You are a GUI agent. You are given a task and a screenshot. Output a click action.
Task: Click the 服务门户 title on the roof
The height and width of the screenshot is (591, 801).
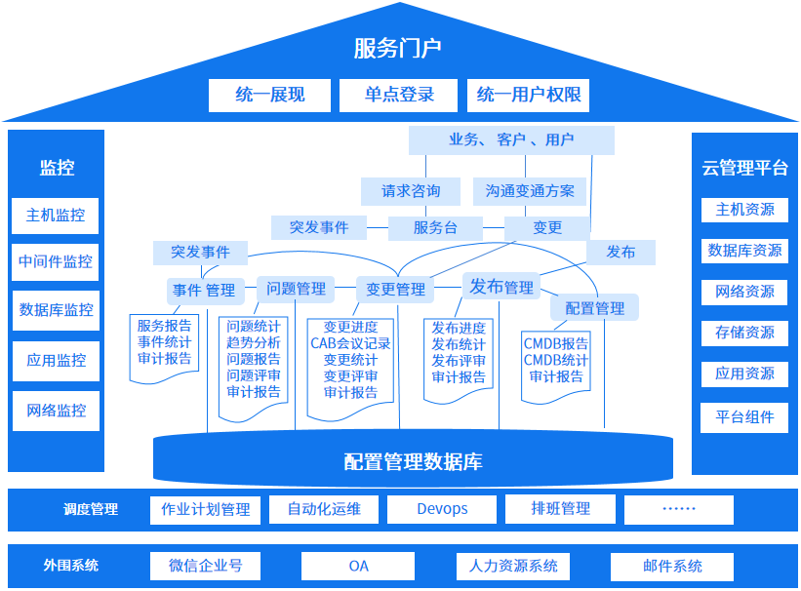(x=398, y=48)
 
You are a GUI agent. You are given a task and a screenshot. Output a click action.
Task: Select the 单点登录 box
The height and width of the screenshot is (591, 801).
(x=399, y=95)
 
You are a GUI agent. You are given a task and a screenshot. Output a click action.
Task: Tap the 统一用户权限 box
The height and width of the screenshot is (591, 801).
(x=529, y=95)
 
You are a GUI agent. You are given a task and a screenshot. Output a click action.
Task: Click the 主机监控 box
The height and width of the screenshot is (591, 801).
(x=56, y=216)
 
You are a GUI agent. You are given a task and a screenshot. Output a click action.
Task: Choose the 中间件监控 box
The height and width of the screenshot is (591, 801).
(x=56, y=261)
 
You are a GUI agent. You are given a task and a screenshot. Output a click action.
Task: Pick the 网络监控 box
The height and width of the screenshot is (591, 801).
(x=56, y=411)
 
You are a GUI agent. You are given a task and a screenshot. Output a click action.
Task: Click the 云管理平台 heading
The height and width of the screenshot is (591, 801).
(x=744, y=168)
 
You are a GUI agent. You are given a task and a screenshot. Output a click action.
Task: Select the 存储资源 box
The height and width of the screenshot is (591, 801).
(x=744, y=333)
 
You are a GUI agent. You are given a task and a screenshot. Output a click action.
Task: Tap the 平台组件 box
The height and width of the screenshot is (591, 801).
(x=744, y=417)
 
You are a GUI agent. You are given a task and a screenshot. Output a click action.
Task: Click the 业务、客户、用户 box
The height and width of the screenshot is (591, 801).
(x=511, y=140)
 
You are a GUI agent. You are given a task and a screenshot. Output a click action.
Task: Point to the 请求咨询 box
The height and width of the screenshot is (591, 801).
(x=411, y=191)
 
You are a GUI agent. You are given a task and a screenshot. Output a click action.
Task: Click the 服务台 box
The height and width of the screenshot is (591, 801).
(x=435, y=228)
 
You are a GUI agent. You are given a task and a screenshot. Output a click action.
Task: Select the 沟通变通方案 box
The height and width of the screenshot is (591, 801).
(x=530, y=191)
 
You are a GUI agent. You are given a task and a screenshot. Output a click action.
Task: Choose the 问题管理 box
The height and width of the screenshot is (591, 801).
(x=297, y=289)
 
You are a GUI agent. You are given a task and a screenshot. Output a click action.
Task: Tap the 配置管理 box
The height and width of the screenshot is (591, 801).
(x=595, y=308)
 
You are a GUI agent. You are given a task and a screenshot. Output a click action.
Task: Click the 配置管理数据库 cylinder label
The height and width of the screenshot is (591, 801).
(x=413, y=461)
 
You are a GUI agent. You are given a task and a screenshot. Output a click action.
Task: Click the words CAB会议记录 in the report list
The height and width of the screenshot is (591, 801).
(x=350, y=343)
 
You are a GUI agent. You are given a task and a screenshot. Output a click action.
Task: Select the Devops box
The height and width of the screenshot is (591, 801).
(x=442, y=509)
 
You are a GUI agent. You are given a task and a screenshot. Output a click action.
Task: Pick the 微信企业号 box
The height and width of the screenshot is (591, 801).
(x=206, y=566)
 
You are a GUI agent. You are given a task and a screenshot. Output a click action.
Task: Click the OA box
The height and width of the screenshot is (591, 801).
(x=358, y=566)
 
